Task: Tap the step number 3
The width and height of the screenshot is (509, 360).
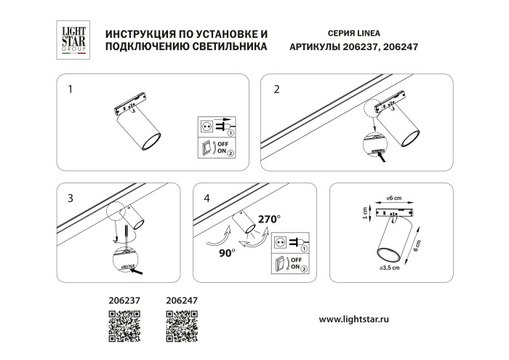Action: click(70, 197)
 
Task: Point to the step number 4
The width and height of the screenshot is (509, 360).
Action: click(208, 197)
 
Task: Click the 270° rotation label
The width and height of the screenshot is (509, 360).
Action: click(268, 217)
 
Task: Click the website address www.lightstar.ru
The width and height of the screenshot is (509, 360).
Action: click(362, 319)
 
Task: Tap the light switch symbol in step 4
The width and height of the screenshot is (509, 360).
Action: click(280, 265)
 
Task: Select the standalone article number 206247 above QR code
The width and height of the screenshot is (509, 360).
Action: click(182, 299)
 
